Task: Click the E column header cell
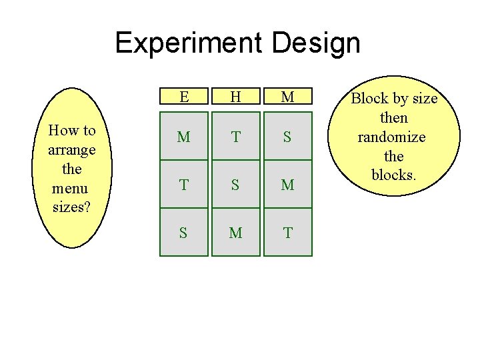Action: click(183, 97)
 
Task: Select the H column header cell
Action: click(235, 97)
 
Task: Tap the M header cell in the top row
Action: click(287, 97)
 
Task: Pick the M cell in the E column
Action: click(183, 137)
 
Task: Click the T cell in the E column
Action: click(183, 185)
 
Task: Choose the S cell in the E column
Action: click(183, 233)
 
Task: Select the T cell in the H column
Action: click(235, 137)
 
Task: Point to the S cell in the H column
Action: click(235, 185)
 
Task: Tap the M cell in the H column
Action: click(235, 233)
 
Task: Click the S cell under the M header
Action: click(287, 137)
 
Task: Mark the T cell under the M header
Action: click(287, 233)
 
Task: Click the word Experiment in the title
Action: click(189, 43)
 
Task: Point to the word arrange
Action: click(71, 150)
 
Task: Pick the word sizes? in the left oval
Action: click(71, 207)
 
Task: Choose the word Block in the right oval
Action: click(369, 99)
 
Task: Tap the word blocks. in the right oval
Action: click(393, 175)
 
